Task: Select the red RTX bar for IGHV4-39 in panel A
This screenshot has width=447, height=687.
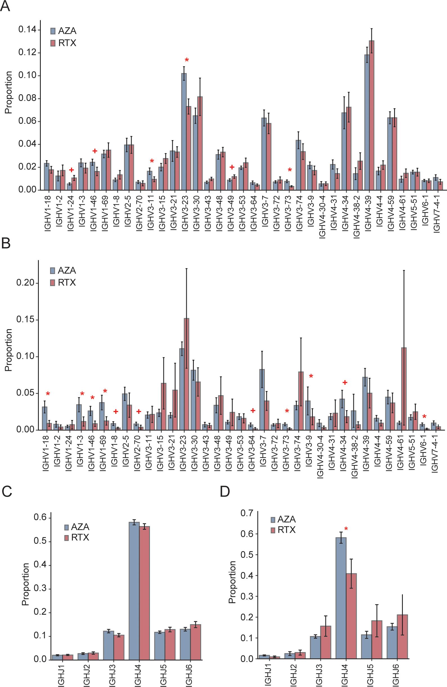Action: [x=371, y=115]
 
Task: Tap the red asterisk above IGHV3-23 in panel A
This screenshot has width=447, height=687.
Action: [x=187, y=60]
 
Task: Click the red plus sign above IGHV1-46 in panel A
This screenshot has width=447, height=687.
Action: [x=95, y=151]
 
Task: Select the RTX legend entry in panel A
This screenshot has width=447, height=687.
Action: [x=63, y=43]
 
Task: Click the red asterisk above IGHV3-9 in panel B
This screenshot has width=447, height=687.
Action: [x=311, y=376]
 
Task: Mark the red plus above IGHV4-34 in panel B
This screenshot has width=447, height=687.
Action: [x=345, y=383]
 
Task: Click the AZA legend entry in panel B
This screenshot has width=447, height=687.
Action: [x=63, y=270]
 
